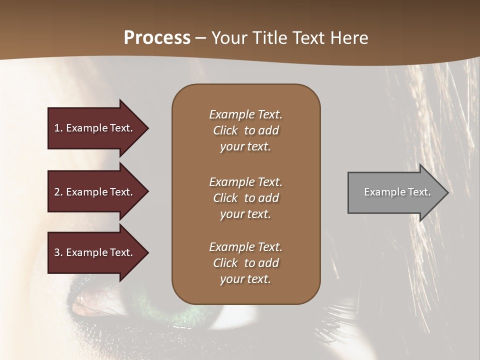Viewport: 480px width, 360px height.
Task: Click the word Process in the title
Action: tap(157, 38)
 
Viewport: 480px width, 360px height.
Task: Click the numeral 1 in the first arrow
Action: tap(57, 128)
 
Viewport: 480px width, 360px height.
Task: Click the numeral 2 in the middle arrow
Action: tap(57, 192)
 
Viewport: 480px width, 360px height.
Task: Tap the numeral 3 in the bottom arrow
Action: tap(57, 252)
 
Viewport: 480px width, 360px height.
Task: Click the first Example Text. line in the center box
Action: tap(245, 114)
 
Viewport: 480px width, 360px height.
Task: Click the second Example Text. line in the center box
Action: tap(245, 182)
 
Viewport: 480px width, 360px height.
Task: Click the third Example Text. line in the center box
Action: tap(245, 247)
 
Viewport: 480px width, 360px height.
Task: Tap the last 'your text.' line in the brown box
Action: tap(245, 279)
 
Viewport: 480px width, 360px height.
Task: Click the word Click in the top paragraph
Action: tap(225, 130)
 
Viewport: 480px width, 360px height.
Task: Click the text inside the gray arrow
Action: tap(397, 192)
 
